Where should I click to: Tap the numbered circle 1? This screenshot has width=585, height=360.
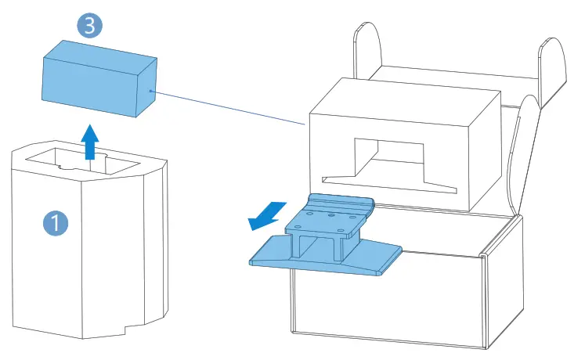pos(55,224)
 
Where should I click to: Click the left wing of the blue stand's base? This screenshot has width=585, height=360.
pos(274,250)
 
